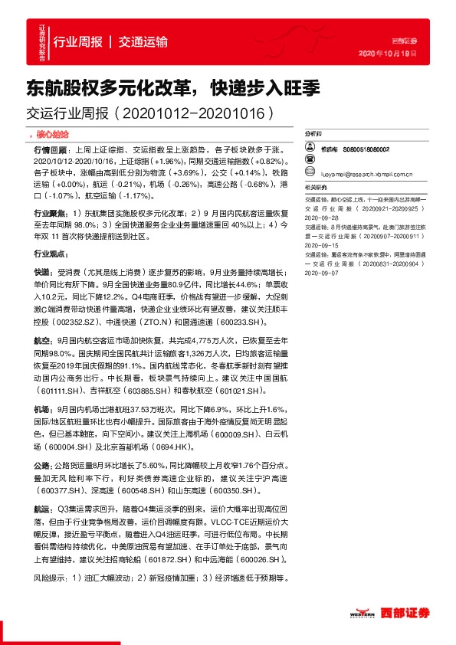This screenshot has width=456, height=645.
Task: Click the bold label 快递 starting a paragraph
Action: [41, 272]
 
